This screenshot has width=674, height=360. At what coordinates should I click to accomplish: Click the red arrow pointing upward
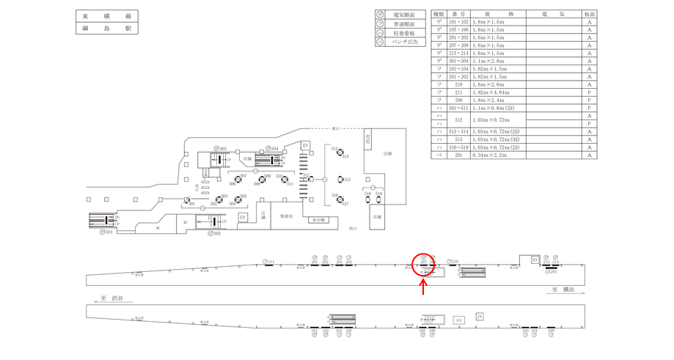point(425,287)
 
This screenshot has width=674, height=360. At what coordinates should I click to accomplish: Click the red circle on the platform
point(425,265)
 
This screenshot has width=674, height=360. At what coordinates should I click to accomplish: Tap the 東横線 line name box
point(106,16)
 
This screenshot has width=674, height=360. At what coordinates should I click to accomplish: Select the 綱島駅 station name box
point(106,29)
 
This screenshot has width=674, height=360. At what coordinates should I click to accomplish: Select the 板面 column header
point(589,14)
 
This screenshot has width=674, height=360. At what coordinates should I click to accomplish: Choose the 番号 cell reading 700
point(458,100)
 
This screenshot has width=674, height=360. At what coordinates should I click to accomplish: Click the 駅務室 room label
point(286,217)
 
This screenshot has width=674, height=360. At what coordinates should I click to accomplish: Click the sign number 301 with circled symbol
point(107,232)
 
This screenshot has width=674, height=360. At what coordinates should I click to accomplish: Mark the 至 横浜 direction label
point(564,290)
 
